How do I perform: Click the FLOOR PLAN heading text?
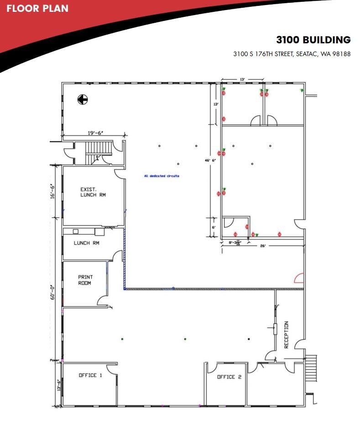pyautogui.click(x=37, y=8)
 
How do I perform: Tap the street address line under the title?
pyautogui.click(x=292, y=54)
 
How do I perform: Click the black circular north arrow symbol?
pyautogui.click(x=82, y=99)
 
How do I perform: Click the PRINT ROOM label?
pyautogui.click(x=85, y=280)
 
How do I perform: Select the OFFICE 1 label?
pyautogui.click(x=90, y=375)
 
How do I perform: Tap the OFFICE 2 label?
pyautogui.click(x=226, y=377)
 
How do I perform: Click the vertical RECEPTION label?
pyautogui.click(x=287, y=335)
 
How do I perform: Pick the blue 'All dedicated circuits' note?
pyautogui.click(x=162, y=176)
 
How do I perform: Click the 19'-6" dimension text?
pyautogui.click(x=95, y=133)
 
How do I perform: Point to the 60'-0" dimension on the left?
pyautogui.click(x=53, y=292)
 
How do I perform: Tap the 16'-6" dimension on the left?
pyautogui.click(x=53, y=191)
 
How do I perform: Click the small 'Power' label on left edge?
pyautogui.click(x=55, y=360)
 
